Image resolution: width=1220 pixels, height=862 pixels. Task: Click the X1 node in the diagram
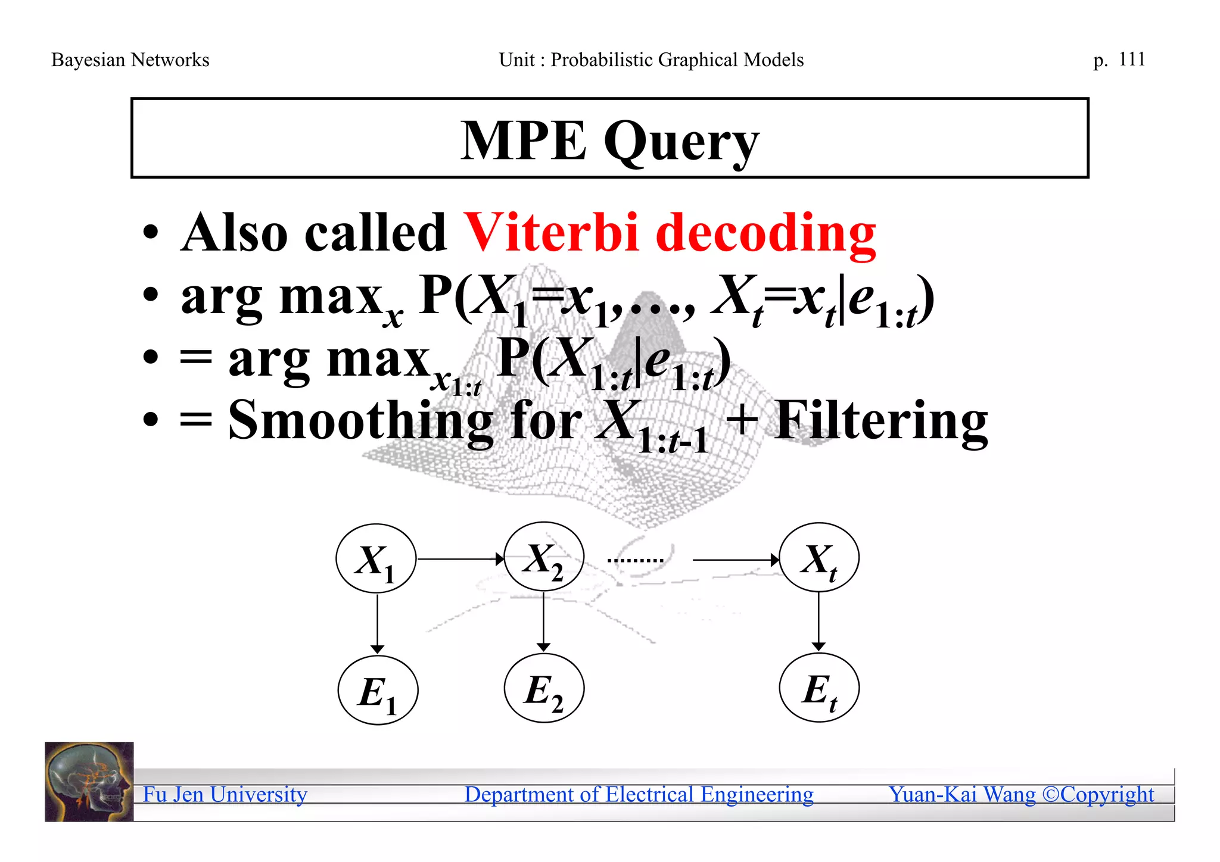tap(376, 559)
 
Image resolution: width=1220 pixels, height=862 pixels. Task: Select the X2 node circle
tap(544, 557)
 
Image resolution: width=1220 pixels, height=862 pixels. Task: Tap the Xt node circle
tap(819, 558)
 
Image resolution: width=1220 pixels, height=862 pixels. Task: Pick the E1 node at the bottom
tap(378, 691)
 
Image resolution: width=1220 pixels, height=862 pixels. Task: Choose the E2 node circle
tap(544, 689)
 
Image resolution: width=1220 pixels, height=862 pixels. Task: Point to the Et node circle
tap(819, 688)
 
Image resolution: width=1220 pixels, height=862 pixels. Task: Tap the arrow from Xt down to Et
tap(818, 621)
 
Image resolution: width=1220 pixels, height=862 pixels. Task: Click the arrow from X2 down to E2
tap(543, 621)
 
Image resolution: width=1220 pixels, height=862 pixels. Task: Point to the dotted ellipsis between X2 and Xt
tap(635, 560)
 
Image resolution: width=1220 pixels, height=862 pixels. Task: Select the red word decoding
tap(765, 233)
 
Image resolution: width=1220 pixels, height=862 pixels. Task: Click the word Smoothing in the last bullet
tap(361, 420)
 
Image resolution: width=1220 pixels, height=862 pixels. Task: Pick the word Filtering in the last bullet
tap(881, 420)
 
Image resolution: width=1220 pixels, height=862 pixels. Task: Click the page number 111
tap(1132, 60)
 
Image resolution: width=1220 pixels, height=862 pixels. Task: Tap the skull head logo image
tap(89, 782)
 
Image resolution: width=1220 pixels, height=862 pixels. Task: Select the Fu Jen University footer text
tap(225, 795)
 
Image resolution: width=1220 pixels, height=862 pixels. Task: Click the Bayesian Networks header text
tap(130, 60)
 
